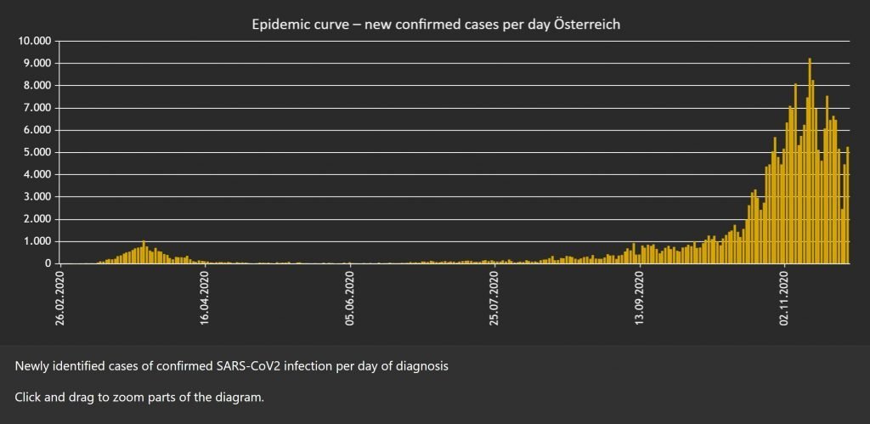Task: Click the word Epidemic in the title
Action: [279, 25]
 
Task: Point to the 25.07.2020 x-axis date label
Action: [495, 299]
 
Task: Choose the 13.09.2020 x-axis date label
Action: [640, 299]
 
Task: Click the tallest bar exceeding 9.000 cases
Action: [810, 161]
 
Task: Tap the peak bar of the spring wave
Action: [144, 252]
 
